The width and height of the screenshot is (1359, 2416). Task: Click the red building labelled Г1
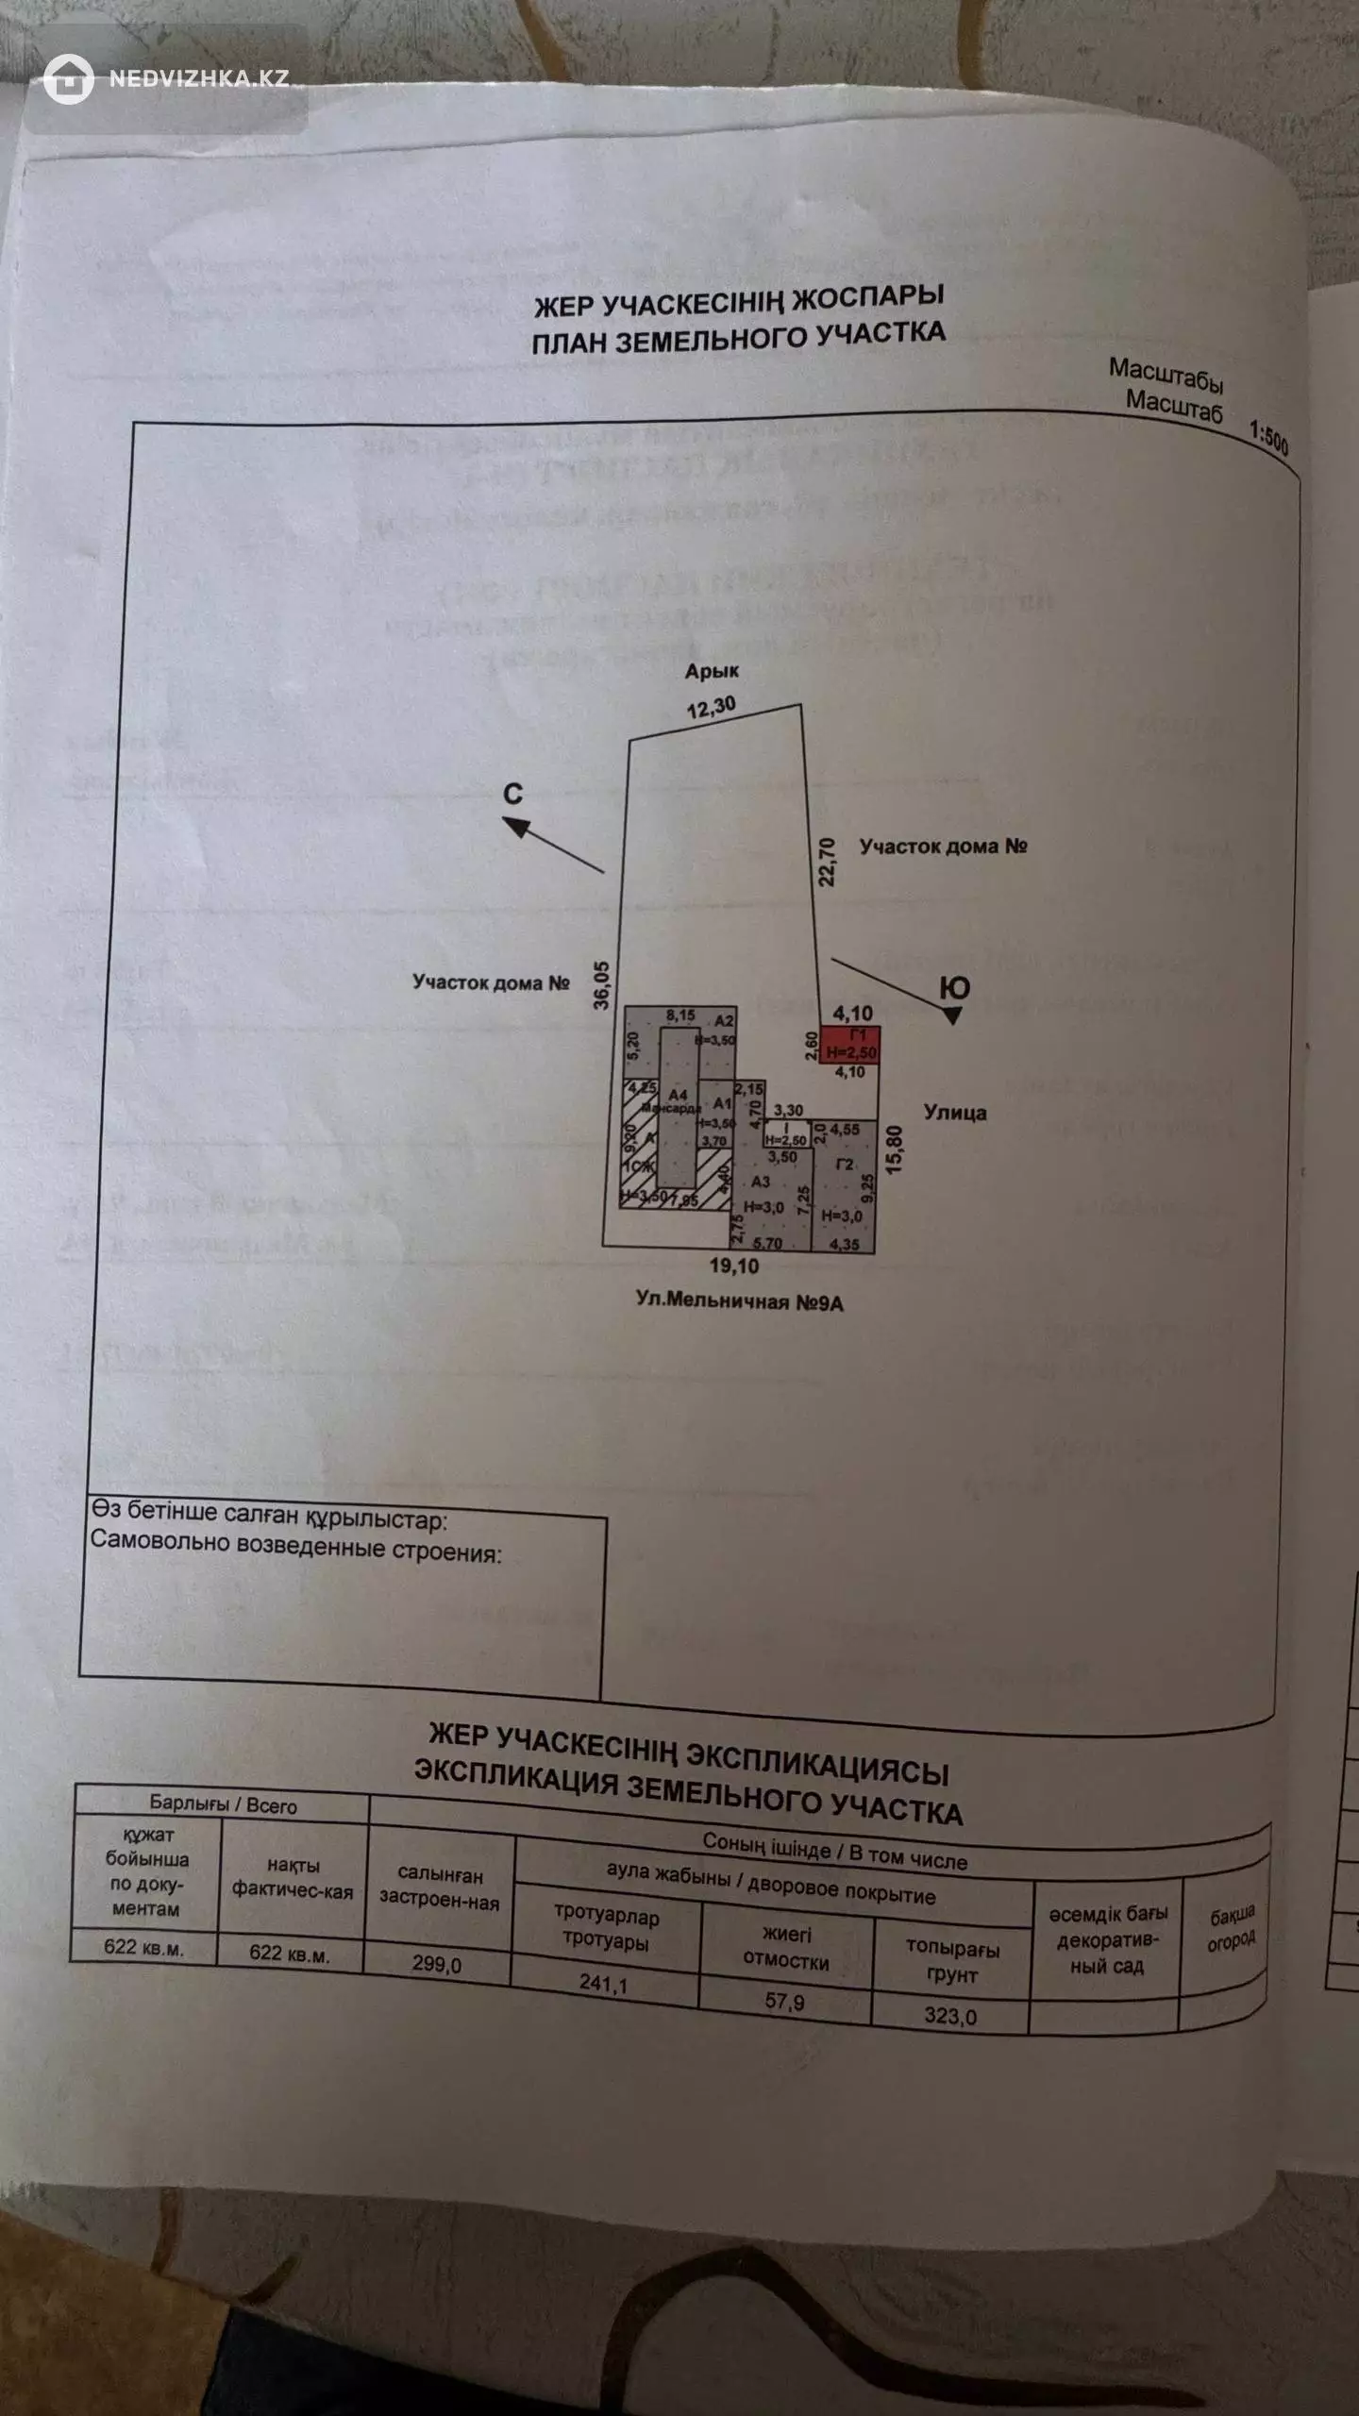tap(849, 1045)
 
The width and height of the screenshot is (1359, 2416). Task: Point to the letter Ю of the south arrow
tap(955, 988)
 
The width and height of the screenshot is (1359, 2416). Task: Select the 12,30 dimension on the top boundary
tap(711, 707)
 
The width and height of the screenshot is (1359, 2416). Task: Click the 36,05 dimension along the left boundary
tap(602, 985)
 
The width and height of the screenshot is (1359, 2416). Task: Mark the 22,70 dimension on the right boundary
tap(828, 862)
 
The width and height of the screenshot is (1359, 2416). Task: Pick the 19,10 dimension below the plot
tap(733, 1266)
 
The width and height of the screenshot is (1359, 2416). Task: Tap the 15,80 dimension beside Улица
tap(895, 1149)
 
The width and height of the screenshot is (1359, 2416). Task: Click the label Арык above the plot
tap(712, 671)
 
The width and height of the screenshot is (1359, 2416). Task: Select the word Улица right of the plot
tap(955, 1112)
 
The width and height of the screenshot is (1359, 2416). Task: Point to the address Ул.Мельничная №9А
tap(739, 1301)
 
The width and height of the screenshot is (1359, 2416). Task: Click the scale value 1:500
tap(1268, 437)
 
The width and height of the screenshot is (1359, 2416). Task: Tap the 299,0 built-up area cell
tap(437, 1964)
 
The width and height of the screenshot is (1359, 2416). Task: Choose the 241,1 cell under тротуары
tap(603, 1983)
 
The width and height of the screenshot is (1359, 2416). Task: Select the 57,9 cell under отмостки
tap(784, 2000)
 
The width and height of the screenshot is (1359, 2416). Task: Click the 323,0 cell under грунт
tap(950, 2016)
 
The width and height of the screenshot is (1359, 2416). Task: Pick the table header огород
tap(1231, 1940)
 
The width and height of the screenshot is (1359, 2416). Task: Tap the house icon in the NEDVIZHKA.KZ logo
tap(69, 79)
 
